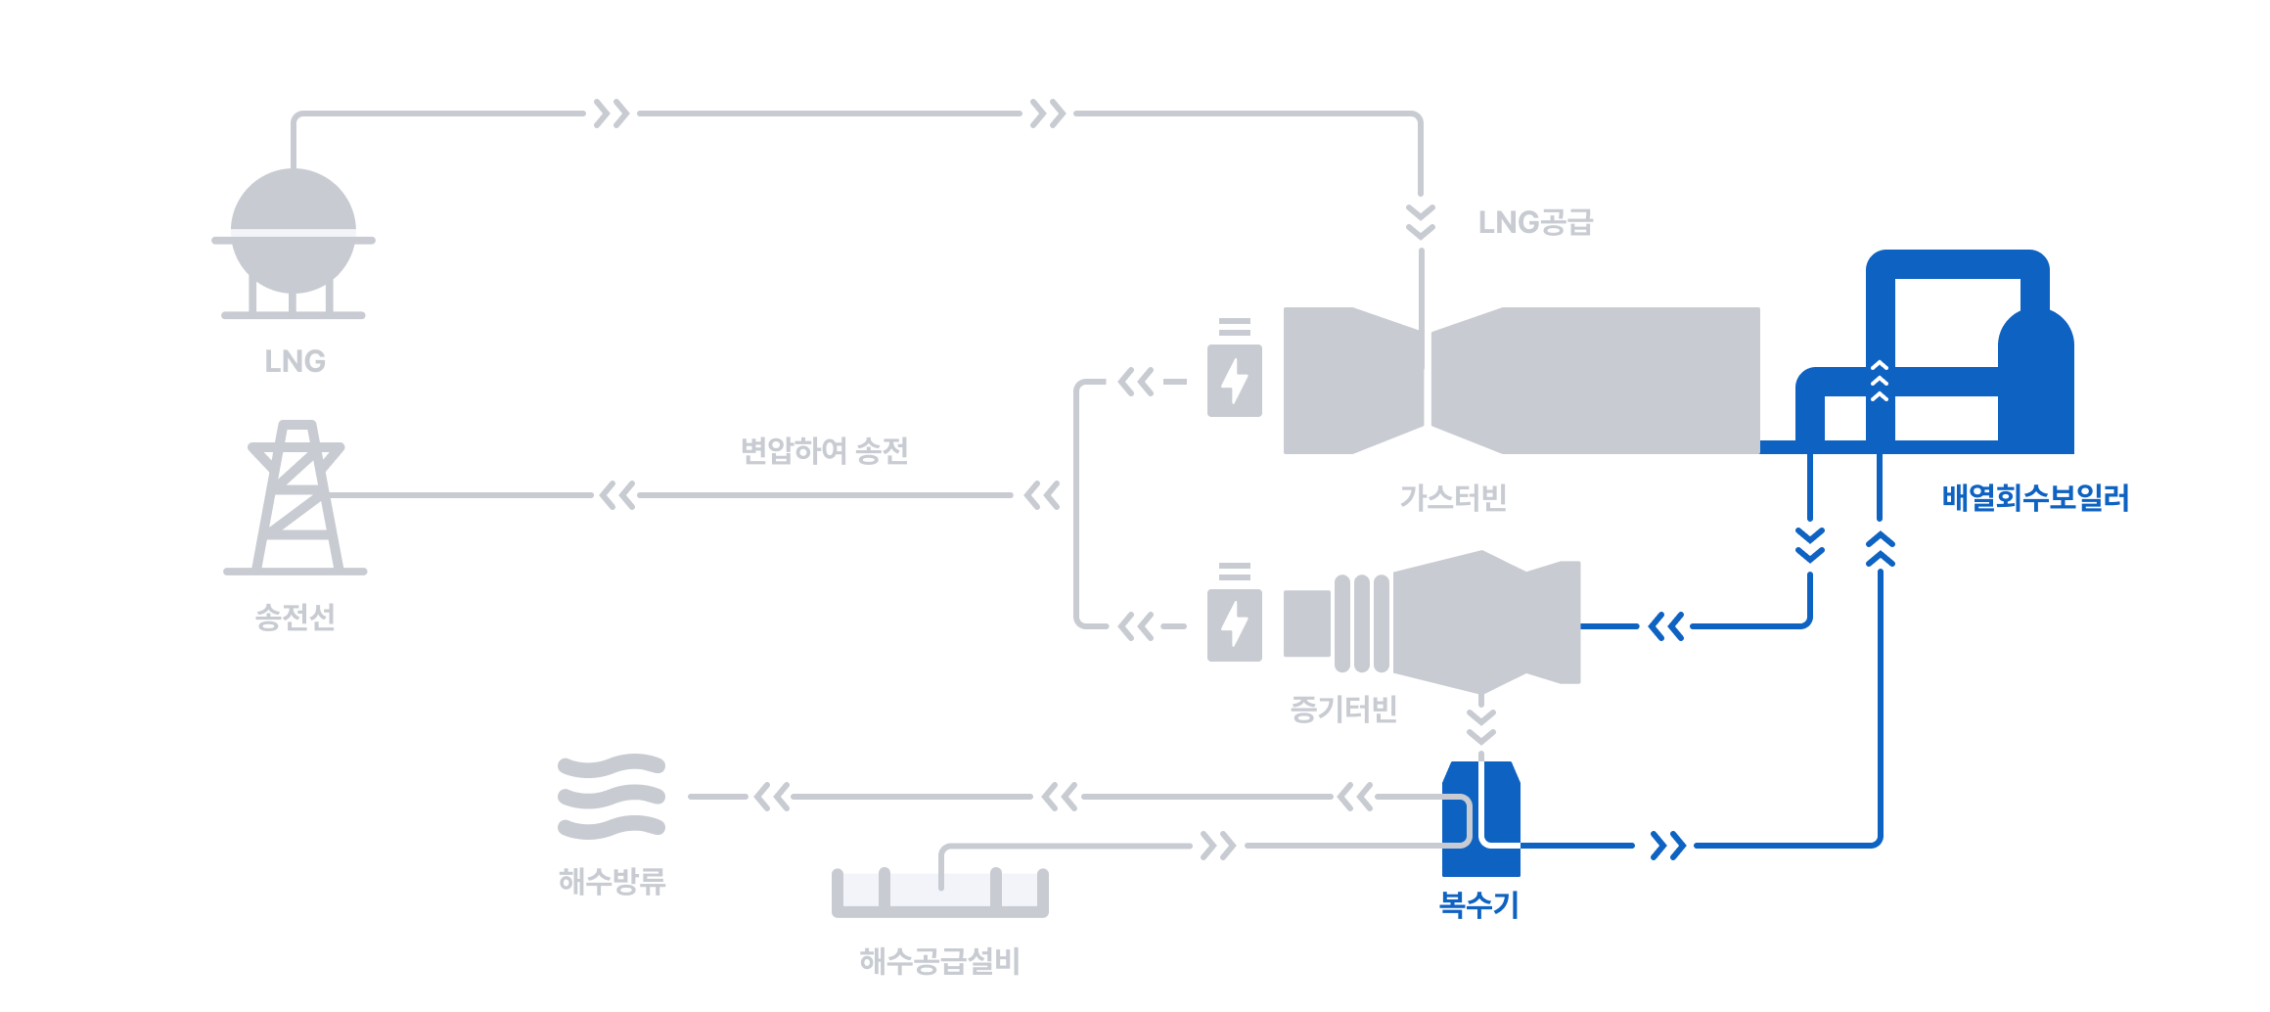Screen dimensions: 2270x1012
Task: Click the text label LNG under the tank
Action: click(295, 361)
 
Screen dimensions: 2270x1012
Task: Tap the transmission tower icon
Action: click(295, 497)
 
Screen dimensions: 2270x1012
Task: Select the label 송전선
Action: click(295, 617)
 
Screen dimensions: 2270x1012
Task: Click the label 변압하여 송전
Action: click(825, 450)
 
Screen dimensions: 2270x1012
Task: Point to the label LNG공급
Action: click(1535, 222)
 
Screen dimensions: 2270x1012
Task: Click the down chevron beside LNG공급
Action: click(1421, 222)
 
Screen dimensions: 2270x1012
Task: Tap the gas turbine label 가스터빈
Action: click(1453, 497)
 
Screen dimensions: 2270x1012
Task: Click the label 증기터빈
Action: click(1344, 709)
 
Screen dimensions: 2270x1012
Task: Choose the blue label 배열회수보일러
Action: click(2035, 497)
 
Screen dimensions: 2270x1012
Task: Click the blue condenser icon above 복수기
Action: click(1481, 818)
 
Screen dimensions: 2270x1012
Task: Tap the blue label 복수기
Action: click(1479, 904)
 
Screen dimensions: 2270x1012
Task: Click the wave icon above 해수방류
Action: click(612, 797)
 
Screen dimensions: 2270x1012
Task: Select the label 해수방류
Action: click(613, 881)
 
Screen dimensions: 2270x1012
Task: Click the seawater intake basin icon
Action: click(940, 892)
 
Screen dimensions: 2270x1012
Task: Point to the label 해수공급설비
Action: click(940, 961)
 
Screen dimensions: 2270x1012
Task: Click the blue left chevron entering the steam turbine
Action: click(1666, 626)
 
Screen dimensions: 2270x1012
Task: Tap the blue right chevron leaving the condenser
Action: click(1668, 846)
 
